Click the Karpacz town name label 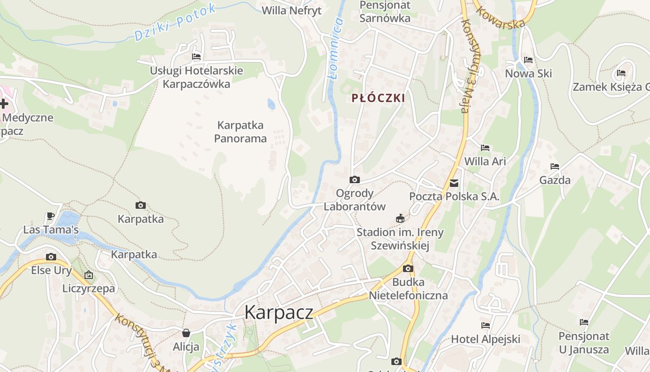tap(279, 312)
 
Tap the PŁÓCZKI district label tap(378, 98)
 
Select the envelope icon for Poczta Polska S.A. tap(454, 183)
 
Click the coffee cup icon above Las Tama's tap(51, 216)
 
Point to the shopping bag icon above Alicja tap(186, 333)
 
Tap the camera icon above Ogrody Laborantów tap(354, 179)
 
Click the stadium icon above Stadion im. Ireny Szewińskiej tap(400, 218)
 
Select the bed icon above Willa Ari tap(485, 148)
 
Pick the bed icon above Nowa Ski tap(528, 60)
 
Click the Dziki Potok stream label tap(175, 22)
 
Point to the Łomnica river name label tap(336, 49)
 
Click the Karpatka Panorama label tap(240, 132)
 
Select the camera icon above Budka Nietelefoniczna tap(408, 268)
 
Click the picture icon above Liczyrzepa tap(89, 275)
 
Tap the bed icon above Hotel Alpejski tap(486, 325)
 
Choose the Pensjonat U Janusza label tap(583, 343)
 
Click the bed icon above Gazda tap(554, 166)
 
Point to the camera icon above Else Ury tap(51, 257)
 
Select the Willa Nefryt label tap(292, 11)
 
